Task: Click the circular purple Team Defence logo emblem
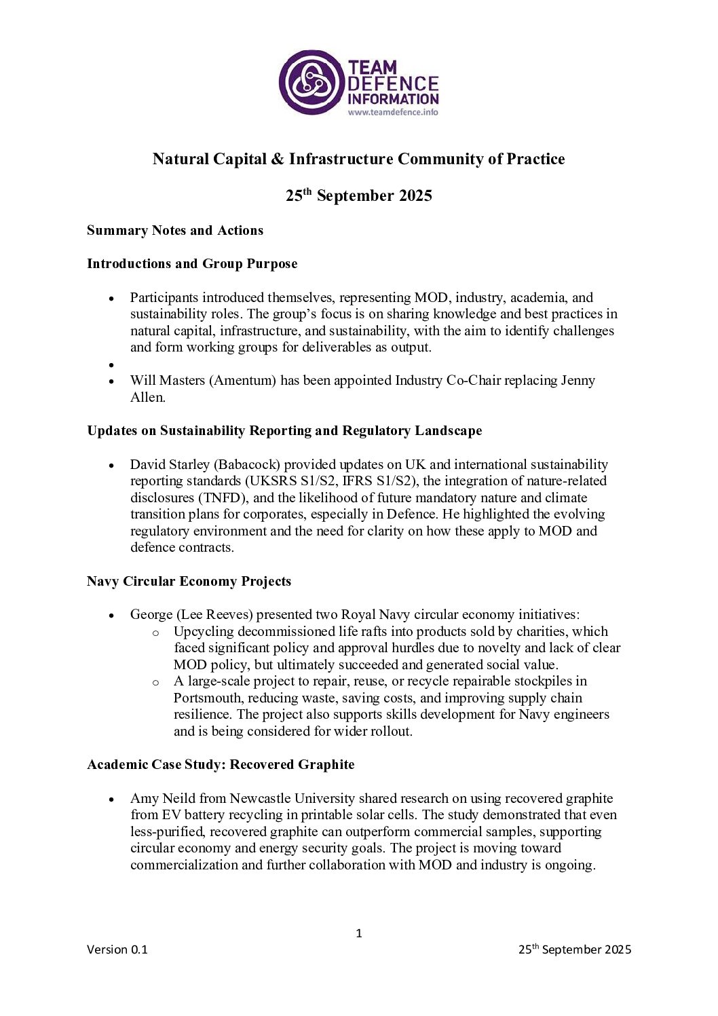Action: click(311, 82)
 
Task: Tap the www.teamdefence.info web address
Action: click(393, 112)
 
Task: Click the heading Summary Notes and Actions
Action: click(175, 230)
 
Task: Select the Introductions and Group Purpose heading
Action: click(192, 263)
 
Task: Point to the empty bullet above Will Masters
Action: click(111, 365)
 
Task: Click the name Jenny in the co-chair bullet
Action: click(578, 380)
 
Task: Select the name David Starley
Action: click(170, 464)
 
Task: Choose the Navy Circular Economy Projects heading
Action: click(189, 581)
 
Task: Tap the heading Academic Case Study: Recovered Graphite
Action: click(221, 764)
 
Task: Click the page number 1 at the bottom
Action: click(359, 933)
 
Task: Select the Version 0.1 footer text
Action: click(117, 949)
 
